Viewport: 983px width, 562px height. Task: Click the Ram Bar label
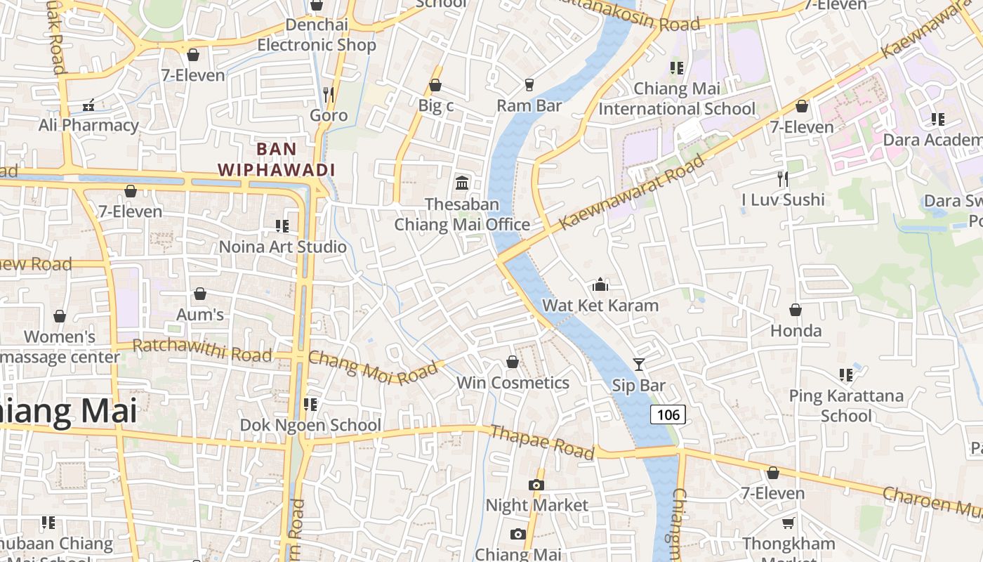point(529,105)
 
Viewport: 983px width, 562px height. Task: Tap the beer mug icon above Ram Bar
point(529,84)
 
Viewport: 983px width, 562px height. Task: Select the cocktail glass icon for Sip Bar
point(638,364)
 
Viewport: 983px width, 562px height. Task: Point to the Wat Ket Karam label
point(600,306)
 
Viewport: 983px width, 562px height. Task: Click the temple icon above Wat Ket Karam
point(600,285)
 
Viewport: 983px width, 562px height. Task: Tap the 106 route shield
point(668,414)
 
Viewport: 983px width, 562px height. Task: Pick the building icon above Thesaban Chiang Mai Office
point(462,183)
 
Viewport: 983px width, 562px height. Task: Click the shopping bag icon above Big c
point(435,86)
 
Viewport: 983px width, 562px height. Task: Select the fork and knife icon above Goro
point(329,94)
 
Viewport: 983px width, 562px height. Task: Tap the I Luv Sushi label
point(783,200)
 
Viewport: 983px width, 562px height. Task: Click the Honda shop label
point(796,330)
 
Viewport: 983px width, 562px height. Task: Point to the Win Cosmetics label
point(513,383)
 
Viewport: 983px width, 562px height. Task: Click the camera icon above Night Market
point(536,485)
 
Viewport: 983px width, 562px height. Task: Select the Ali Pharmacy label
point(88,126)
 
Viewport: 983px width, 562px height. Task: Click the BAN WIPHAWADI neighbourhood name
point(276,159)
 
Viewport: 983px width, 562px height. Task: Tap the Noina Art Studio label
point(283,247)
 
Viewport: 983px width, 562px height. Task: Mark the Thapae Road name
point(542,442)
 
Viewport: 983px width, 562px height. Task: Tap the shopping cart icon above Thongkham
point(789,523)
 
